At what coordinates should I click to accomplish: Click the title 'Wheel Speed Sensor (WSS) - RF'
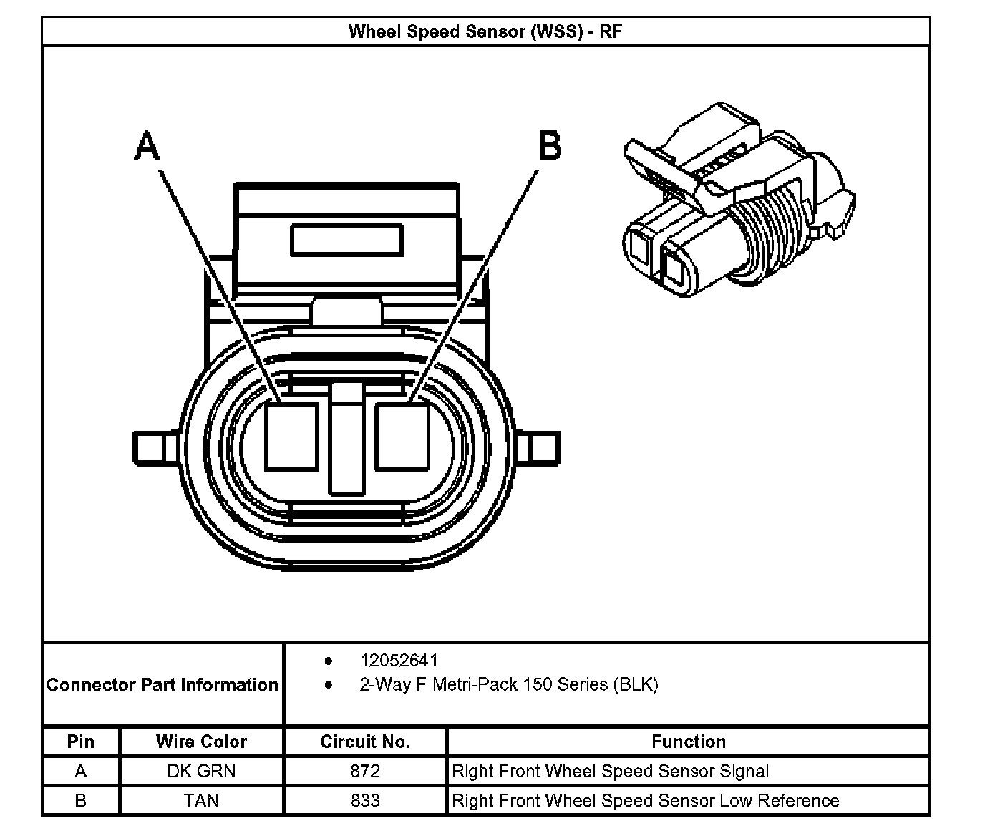click(x=485, y=31)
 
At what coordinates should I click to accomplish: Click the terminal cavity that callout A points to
click(x=291, y=436)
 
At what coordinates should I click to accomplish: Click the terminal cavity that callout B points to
click(x=401, y=436)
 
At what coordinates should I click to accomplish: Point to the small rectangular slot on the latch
click(x=346, y=240)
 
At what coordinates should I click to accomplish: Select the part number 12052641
click(x=399, y=660)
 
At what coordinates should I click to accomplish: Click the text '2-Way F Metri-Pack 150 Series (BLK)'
click(x=508, y=684)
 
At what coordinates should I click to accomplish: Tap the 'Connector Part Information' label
click(x=162, y=684)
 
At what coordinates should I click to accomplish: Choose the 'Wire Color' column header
click(x=201, y=742)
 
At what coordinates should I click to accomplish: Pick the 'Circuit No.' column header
click(x=365, y=742)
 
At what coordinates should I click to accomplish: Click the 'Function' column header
click(x=688, y=742)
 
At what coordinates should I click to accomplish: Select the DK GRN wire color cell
click(x=201, y=771)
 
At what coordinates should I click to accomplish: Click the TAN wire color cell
click(x=201, y=800)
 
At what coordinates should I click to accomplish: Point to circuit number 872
click(x=365, y=771)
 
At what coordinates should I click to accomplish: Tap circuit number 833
click(x=365, y=800)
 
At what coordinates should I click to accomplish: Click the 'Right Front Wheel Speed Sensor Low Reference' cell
click(x=645, y=800)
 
